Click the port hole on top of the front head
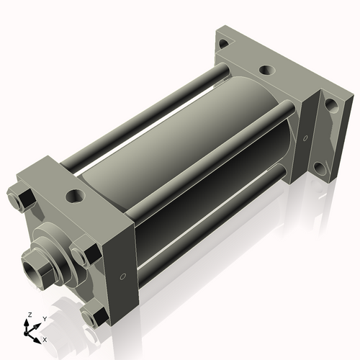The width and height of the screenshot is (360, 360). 74,195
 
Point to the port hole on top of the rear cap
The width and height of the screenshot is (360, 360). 266,71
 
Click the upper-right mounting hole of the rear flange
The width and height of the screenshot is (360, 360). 330,104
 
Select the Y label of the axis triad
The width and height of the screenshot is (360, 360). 44,319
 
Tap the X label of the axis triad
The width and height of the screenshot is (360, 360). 45,338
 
